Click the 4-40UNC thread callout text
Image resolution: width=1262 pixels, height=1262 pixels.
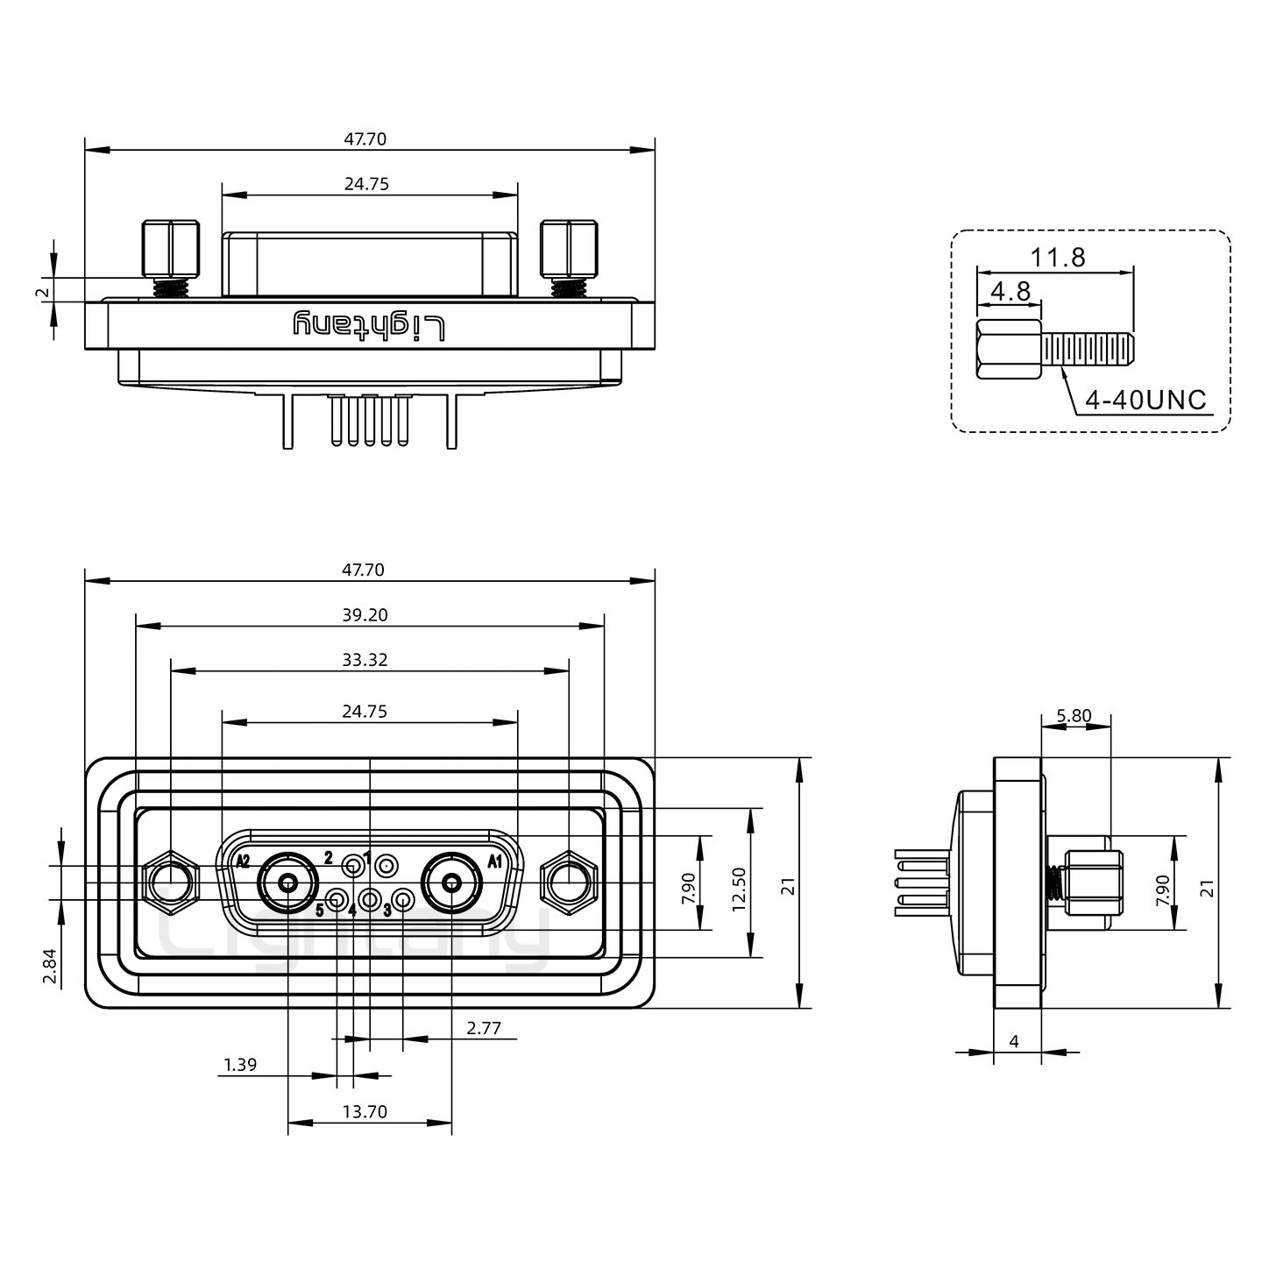click(1145, 401)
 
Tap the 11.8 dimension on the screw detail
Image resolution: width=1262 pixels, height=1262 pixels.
click(1057, 258)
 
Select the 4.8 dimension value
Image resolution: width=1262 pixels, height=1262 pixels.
click(1010, 291)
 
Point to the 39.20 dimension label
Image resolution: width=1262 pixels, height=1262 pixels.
click(365, 615)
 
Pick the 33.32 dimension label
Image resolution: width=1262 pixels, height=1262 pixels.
click(365, 660)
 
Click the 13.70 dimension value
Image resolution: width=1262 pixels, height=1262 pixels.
click(365, 1112)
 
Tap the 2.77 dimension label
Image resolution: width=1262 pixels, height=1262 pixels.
click(483, 1028)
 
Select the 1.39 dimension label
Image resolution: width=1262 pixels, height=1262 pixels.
click(240, 1065)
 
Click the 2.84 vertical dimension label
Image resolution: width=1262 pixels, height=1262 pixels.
click(51, 966)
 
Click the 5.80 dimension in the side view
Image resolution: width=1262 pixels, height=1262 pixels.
click(1074, 716)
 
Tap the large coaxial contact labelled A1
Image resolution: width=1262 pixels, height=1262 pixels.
click(451, 883)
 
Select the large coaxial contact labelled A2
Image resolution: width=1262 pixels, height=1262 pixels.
click(287, 883)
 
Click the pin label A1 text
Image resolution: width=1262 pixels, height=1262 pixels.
click(494, 861)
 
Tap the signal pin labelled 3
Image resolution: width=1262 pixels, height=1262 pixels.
click(403, 899)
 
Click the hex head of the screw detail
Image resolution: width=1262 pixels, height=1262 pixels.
click(1009, 350)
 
